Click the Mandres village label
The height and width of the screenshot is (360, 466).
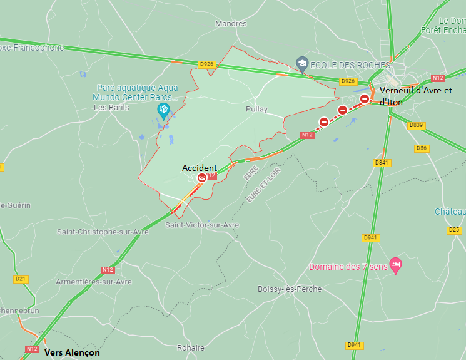point(231,24)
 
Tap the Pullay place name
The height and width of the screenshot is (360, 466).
point(256,109)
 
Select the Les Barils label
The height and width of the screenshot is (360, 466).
point(111,107)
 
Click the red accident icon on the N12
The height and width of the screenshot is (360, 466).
point(201,178)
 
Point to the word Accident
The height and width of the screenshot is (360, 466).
point(200,168)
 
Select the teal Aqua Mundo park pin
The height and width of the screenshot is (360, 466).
point(164,111)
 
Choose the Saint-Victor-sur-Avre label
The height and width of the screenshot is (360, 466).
point(202,225)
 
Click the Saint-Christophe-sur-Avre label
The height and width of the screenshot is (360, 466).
point(103,232)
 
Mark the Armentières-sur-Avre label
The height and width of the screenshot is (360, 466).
point(94,282)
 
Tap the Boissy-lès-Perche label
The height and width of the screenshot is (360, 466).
point(290,289)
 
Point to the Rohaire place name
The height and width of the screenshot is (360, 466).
point(191,348)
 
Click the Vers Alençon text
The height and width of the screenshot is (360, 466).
point(72,352)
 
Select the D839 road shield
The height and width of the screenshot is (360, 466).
point(416,125)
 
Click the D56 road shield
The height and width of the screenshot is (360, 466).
point(422,148)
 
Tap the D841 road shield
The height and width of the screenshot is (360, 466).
point(381,163)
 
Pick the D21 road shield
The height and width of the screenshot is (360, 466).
point(21,279)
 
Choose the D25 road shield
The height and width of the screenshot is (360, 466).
point(455,230)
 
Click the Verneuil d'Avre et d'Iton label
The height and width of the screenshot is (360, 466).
point(415,96)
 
